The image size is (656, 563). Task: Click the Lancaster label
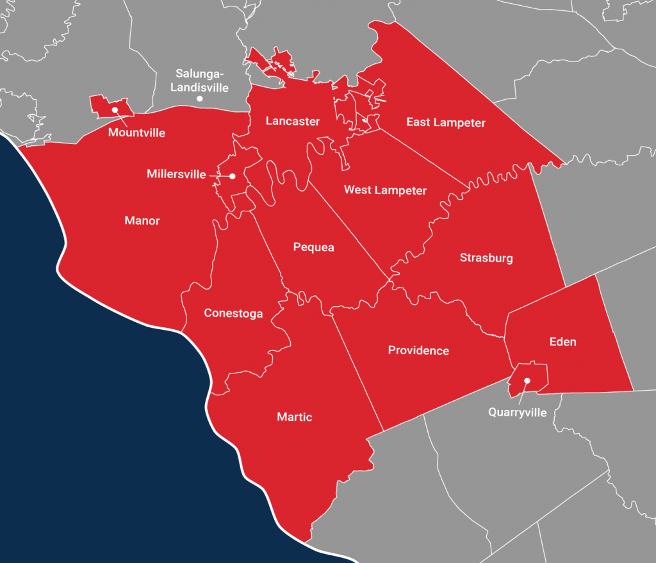pos(292,122)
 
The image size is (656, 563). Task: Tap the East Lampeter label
pos(446,122)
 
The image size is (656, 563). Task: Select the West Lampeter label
pos(385,190)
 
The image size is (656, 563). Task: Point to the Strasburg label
pos(486,258)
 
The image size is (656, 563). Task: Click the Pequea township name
pos(313,247)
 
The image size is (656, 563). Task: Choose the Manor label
pos(142,221)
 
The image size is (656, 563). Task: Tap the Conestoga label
pos(233,313)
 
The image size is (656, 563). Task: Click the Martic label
pos(295,417)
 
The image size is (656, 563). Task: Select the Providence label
pos(418,350)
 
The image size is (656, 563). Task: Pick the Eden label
pos(562,341)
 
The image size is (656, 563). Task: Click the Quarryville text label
pos(518,412)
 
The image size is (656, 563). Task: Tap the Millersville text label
pos(176,174)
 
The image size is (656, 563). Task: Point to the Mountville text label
pos(136,133)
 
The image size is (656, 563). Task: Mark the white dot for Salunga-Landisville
pos(200,99)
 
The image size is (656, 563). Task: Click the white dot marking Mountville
pos(115,110)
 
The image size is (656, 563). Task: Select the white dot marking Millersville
pos(233,175)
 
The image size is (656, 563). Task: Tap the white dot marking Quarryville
pos(527,380)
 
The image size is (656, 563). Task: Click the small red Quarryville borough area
pos(536,373)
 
